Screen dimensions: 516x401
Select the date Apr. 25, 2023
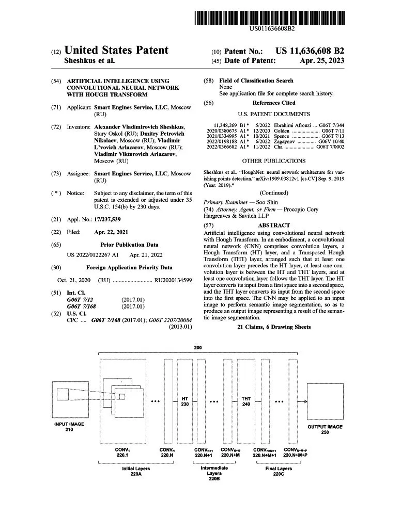(321, 60)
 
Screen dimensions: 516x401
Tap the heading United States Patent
(116, 50)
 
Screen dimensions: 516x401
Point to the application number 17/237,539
(111, 220)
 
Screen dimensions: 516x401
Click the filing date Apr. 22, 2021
(111, 232)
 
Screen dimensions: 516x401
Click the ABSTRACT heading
(273, 225)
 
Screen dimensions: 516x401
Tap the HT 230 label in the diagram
(184, 401)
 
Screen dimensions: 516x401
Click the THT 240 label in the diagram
(246, 401)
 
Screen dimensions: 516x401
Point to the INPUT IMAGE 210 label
(69, 427)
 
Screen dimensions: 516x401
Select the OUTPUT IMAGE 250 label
(325, 430)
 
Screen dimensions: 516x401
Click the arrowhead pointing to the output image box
(305, 401)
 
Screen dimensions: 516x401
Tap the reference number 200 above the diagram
(198, 348)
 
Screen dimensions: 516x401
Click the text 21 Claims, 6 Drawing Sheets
(274, 327)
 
